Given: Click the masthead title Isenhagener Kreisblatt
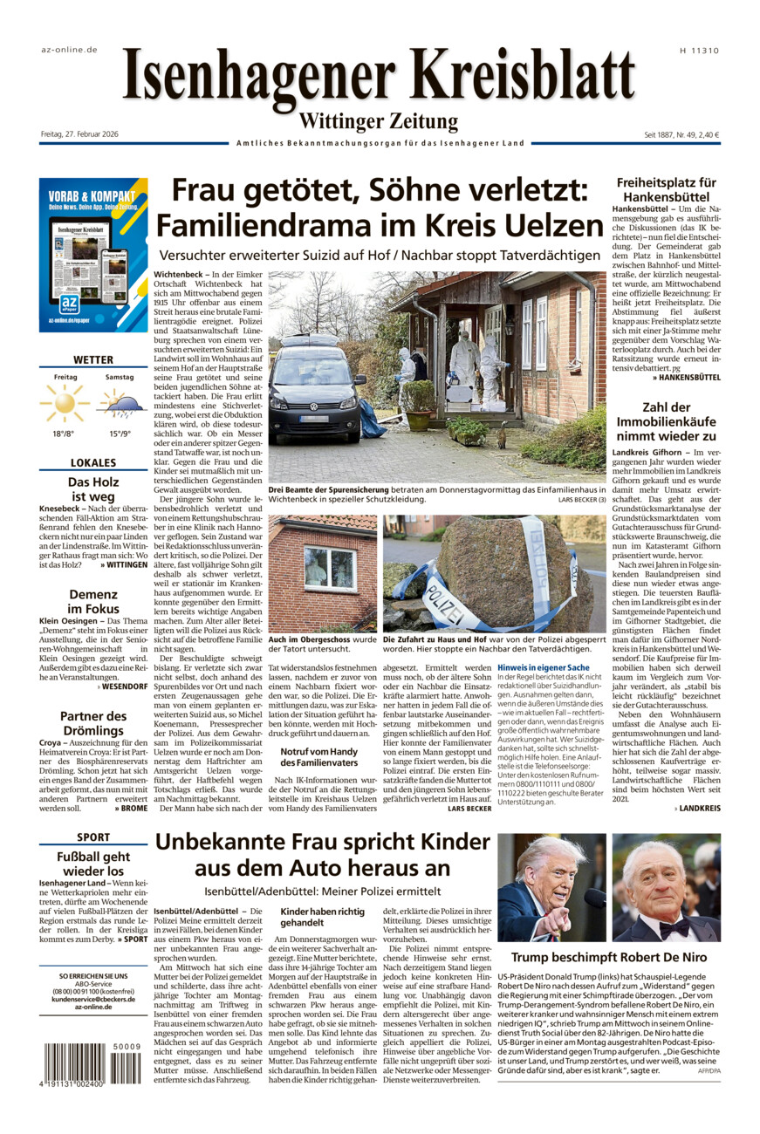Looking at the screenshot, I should (x=379, y=77).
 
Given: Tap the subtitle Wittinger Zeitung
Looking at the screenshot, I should (x=379, y=121).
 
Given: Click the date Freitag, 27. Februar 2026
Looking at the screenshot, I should (x=79, y=133).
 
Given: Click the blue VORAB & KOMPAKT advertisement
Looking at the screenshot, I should (x=93, y=255).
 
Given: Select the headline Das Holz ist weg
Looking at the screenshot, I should (x=93, y=488).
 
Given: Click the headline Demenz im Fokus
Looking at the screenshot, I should (x=93, y=601).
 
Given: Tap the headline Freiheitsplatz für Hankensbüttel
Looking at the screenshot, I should (x=667, y=190).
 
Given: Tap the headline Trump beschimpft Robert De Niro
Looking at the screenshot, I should (x=609, y=957).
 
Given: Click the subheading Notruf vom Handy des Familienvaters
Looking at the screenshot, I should (x=320, y=757).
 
